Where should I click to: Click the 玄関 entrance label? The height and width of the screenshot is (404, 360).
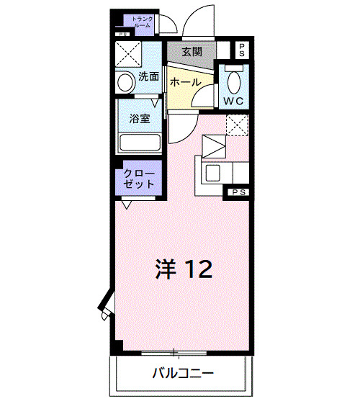[x=191, y=52]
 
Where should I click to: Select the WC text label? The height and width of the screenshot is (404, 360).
[x=235, y=100]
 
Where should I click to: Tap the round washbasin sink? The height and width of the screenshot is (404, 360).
[x=127, y=81]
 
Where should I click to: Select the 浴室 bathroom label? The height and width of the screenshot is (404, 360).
[x=140, y=118]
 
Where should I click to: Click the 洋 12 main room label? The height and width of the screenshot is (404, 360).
[x=183, y=269]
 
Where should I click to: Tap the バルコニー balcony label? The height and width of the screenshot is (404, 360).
[x=181, y=374]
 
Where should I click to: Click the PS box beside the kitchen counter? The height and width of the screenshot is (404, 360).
[x=238, y=192]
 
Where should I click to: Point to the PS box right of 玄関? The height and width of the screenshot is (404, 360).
[x=242, y=50]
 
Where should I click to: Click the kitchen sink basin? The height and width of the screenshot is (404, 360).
[x=215, y=173]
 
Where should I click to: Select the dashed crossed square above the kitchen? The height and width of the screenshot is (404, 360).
[x=237, y=125]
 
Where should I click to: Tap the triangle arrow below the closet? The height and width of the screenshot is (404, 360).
[x=127, y=205]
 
